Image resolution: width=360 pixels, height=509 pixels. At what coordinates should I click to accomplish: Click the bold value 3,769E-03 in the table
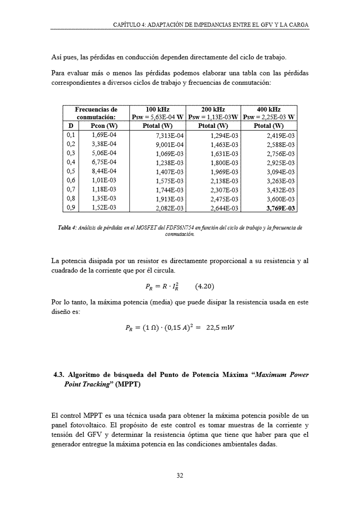pyautogui.click(x=281, y=209)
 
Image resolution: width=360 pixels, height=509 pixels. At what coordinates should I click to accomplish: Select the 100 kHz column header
pyautogui.click(x=158, y=110)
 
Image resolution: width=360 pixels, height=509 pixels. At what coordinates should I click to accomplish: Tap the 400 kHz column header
pyautogui.click(x=269, y=110)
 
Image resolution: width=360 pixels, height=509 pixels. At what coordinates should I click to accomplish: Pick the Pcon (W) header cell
pyautogui.click(x=104, y=126)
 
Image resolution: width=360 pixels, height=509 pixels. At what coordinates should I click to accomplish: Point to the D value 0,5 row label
pyautogui.click(x=70, y=171)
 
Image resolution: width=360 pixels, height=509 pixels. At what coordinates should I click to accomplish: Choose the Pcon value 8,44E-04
pyautogui.click(x=104, y=171)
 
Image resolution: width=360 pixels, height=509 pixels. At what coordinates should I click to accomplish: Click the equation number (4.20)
pyautogui.click(x=204, y=287)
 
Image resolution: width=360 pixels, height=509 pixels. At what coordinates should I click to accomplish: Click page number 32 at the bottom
pyautogui.click(x=180, y=476)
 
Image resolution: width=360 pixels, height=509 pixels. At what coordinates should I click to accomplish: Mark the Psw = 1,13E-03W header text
pyautogui.click(x=213, y=117)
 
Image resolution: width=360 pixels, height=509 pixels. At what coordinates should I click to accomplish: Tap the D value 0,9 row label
pyautogui.click(x=70, y=208)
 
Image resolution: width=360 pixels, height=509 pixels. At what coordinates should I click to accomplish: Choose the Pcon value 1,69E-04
pyautogui.click(x=104, y=135)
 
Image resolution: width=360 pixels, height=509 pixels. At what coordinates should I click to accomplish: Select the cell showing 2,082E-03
pyautogui.click(x=169, y=209)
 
